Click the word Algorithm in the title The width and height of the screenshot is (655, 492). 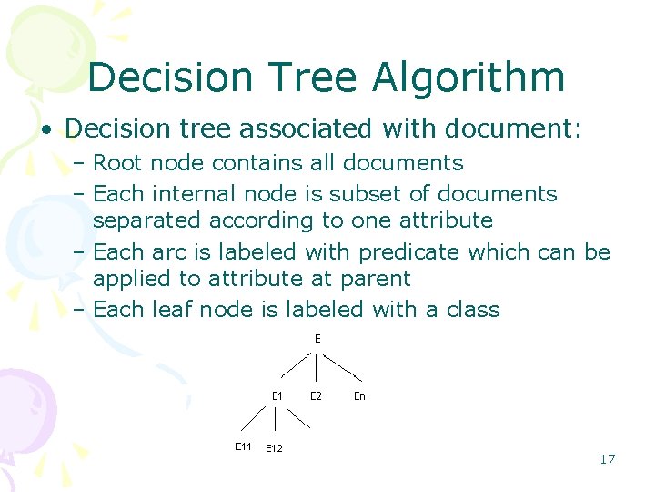pos(468,78)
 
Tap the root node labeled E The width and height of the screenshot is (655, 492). pos(317,339)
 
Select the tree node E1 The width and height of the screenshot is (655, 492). pos(277,395)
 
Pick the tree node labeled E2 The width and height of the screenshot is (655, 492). pos(316,395)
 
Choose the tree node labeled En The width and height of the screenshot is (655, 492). pos(359,395)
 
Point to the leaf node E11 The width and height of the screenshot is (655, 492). pos(243,446)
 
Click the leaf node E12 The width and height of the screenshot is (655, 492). pos(274,448)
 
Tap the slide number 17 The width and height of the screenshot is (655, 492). pos(607,459)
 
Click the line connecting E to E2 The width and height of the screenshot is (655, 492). pos(316,367)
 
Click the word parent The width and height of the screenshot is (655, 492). pos(377,279)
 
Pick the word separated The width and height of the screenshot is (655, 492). pos(148,221)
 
